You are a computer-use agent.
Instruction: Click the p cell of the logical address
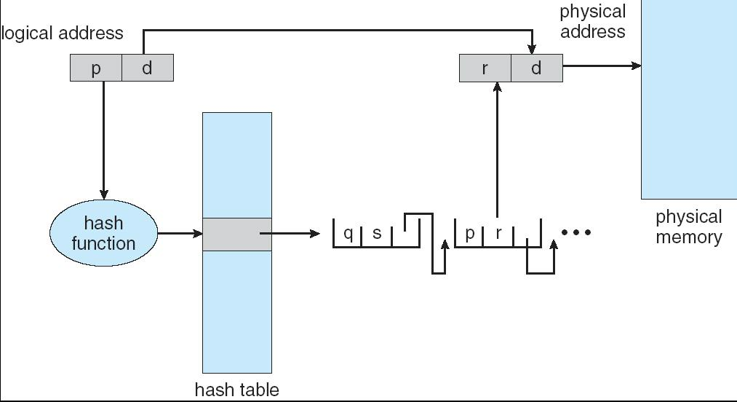click(x=96, y=68)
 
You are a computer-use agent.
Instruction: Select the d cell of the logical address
click(x=148, y=68)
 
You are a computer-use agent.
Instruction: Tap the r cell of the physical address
click(x=485, y=68)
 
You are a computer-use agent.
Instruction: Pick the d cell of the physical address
click(x=537, y=68)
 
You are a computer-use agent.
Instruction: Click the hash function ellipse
click(x=103, y=233)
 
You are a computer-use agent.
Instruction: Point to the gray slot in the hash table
click(x=237, y=234)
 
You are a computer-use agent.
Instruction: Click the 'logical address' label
click(x=63, y=33)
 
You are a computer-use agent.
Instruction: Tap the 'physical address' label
click(x=592, y=22)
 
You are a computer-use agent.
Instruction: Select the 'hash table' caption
click(x=236, y=390)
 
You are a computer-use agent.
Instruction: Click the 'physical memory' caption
click(x=688, y=226)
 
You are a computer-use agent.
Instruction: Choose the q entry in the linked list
click(x=348, y=234)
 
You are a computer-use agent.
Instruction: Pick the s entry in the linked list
click(x=377, y=234)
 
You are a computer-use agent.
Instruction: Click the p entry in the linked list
click(x=469, y=234)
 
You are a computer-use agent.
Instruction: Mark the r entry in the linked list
click(x=499, y=234)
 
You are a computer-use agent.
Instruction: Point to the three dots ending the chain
click(x=576, y=233)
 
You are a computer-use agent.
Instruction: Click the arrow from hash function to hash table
click(x=180, y=234)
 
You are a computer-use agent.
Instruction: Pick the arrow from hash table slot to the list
click(x=291, y=234)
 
